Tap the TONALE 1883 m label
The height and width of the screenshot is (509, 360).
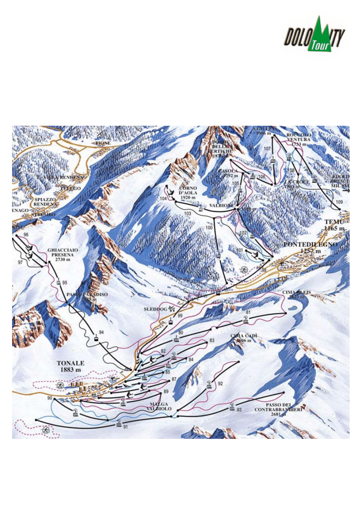point(71,366)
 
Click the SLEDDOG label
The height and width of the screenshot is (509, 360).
point(155,309)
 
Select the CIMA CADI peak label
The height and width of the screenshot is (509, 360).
point(243,338)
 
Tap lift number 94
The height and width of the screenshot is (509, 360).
point(101,332)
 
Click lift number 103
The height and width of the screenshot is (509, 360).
point(187,213)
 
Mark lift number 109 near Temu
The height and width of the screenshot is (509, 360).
point(339,202)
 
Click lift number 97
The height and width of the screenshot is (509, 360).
point(20,262)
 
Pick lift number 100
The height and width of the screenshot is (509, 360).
point(209,228)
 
